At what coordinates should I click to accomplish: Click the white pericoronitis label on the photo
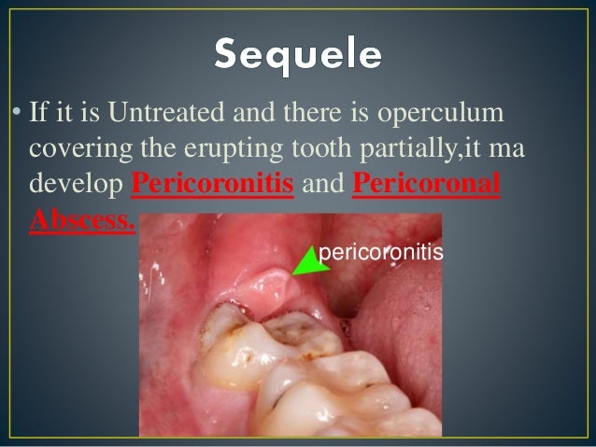click(379, 253)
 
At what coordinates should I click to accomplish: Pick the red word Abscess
click(82, 219)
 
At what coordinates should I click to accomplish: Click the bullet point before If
click(16, 116)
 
